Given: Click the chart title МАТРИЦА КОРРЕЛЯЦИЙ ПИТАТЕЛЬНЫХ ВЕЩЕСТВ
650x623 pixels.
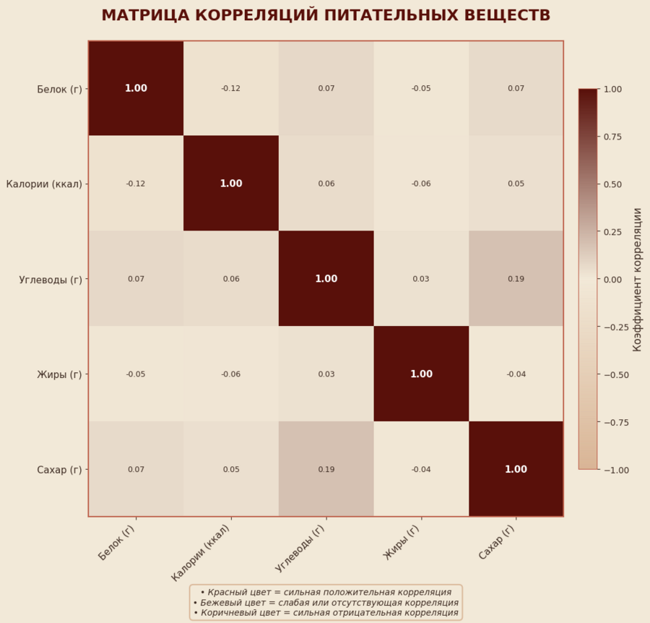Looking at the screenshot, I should (325, 16).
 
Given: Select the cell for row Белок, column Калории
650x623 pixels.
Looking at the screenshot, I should (230, 88).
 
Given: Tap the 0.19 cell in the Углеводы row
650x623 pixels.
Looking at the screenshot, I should (516, 279).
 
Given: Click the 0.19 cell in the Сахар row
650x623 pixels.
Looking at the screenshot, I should (326, 469).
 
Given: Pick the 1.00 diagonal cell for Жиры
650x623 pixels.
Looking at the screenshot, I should (421, 374).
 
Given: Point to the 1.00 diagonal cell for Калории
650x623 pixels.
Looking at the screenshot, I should (230, 184).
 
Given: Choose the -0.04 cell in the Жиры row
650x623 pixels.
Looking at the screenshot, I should (516, 374).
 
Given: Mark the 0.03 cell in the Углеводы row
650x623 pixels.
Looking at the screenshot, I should (421, 279).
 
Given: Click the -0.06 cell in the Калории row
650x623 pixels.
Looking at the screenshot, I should (421, 184).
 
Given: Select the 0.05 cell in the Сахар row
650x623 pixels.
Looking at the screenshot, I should (230, 469).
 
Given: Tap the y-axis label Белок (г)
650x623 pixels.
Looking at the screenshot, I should (59, 89).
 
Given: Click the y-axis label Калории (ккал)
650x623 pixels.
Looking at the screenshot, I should (43, 184).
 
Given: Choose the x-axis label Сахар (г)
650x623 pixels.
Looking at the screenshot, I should (497, 542).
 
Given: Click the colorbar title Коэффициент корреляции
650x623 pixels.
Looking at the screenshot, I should (637, 279).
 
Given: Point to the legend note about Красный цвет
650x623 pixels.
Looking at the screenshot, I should (326, 592).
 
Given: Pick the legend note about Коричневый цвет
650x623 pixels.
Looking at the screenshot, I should (326, 613).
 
